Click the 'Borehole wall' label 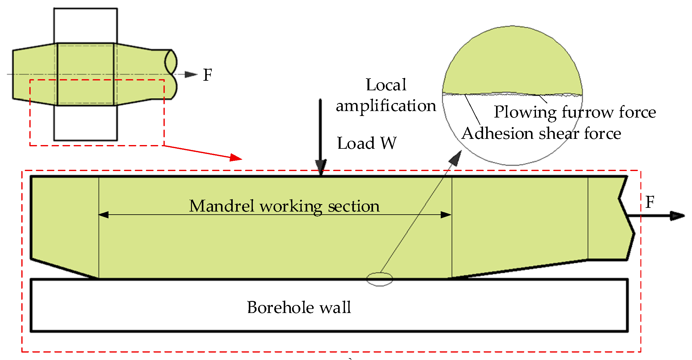pos(299,307)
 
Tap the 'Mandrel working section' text pos(284,206)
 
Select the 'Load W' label pos(367,143)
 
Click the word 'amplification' pos(386,106)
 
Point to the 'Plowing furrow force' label pos(575,112)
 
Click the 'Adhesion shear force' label pos(541,134)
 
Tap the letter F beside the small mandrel pos(207,75)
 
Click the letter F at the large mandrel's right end pos(650,202)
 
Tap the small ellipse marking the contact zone pos(380,279)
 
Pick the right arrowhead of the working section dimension pos(446,215)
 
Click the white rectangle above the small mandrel pos(85,25)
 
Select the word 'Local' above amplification pos(386,85)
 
